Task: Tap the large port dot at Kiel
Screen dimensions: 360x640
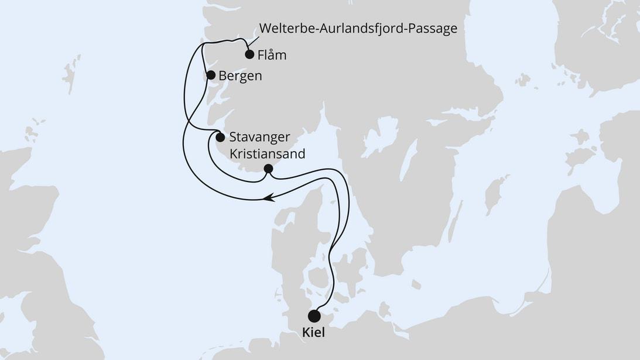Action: coord(314,317)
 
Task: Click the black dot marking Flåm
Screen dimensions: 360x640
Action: coord(249,55)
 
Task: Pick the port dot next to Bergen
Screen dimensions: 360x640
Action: coord(211,75)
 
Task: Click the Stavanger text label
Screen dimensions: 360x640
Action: coord(260,138)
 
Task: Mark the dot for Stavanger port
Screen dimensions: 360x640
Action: coord(220,138)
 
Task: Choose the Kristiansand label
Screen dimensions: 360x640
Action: coord(268,153)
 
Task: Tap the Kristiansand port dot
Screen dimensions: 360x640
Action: coord(268,169)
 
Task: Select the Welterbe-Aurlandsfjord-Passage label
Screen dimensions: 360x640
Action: coord(357,28)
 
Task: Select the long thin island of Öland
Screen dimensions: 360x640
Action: coord(457,216)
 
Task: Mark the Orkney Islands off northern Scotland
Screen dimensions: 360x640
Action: coord(31,132)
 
